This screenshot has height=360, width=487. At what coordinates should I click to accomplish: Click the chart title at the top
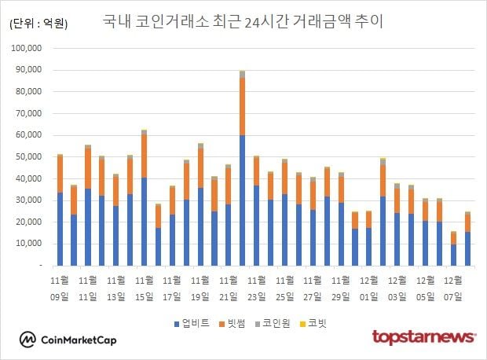click(x=243, y=21)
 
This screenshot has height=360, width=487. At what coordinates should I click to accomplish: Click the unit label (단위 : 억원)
click(x=38, y=24)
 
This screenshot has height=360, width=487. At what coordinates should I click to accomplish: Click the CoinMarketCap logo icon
click(x=28, y=340)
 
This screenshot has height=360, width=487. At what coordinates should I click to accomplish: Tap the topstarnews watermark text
click(x=423, y=338)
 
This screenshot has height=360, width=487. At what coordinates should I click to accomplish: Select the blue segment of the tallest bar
click(x=243, y=200)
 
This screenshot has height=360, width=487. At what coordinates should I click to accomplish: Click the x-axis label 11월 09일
click(x=60, y=288)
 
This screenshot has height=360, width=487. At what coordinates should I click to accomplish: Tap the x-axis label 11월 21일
click(x=229, y=288)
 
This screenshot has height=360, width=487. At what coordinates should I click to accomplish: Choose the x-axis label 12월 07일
click(x=454, y=288)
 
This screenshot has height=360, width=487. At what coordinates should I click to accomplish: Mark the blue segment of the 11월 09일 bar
click(x=60, y=229)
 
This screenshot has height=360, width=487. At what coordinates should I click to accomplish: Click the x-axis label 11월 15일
click(x=144, y=288)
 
